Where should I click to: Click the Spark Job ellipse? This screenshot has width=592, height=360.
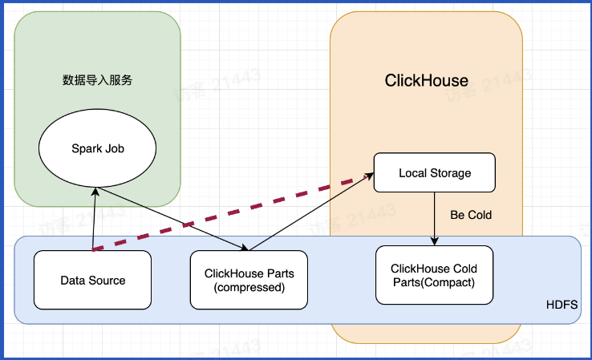pyautogui.click(x=98, y=148)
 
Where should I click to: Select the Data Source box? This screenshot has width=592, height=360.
pyautogui.click(x=93, y=280)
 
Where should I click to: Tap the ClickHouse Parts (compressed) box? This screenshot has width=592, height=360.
pyautogui.click(x=249, y=280)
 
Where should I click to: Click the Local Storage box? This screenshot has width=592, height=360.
pyautogui.click(x=435, y=172)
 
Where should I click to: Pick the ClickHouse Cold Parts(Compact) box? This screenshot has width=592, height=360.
pyautogui.click(x=433, y=275)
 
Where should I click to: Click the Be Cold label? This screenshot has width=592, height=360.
pyautogui.click(x=470, y=215)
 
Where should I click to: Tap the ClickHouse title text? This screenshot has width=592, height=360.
pyautogui.click(x=426, y=80)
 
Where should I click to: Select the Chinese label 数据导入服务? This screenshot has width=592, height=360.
pyautogui.click(x=97, y=80)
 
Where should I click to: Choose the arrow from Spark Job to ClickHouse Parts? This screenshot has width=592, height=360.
pyautogui.click(x=172, y=219)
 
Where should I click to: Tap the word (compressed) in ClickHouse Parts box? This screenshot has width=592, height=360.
pyautogui.click(x=249, y=287)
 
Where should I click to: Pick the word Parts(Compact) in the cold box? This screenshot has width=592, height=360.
pyautogui.click(x=433, y=282)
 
